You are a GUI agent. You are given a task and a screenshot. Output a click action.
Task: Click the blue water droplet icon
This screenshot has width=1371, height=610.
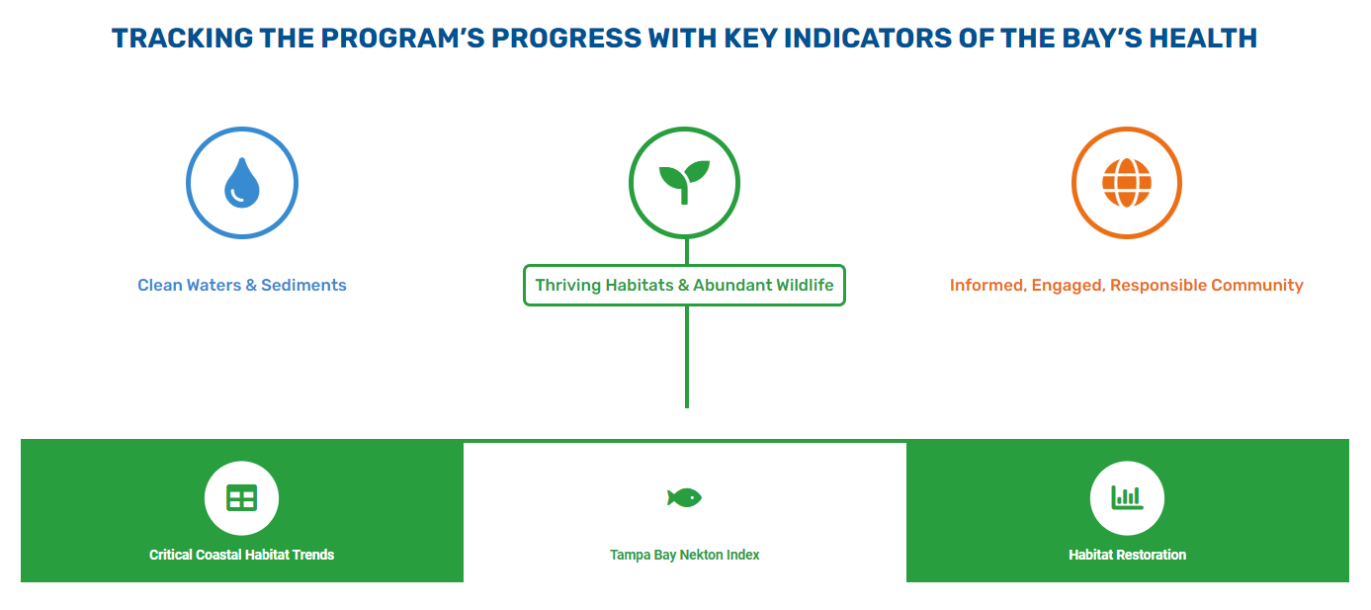point(242,183)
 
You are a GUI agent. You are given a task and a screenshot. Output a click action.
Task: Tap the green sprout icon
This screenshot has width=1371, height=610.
point(684,182)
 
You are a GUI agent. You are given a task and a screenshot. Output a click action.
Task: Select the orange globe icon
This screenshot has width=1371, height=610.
point(1127,183)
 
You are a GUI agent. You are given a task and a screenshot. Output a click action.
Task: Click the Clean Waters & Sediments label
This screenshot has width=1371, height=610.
point(242,286)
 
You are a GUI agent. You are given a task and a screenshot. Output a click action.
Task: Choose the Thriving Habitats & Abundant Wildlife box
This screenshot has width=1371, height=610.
point(684,286)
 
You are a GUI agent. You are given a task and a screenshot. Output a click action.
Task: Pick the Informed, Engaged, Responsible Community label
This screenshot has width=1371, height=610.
point(1126,286)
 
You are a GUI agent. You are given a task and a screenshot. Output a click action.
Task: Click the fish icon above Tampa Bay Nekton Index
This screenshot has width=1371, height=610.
point(684,497)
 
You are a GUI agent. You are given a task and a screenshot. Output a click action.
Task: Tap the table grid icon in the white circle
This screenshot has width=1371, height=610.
point(242,498)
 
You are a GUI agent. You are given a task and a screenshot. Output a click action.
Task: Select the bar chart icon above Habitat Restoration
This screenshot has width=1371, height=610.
point(1127,497)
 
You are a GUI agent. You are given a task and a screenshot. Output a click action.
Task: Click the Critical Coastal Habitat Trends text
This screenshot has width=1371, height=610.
point(242,555)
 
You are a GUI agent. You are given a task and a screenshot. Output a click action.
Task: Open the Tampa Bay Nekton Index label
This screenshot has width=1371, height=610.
point(684,555)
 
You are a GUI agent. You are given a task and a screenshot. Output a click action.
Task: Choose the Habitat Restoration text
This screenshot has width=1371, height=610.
point(1128,555)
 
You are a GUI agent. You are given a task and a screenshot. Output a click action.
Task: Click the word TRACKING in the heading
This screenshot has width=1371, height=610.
point(183,38)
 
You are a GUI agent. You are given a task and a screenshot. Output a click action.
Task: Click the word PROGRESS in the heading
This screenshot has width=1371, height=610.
point(566,38)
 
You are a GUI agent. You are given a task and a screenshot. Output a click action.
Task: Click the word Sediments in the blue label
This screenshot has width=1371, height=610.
point(303,286)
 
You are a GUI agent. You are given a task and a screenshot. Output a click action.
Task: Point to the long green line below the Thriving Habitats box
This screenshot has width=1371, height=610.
point(687,357)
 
